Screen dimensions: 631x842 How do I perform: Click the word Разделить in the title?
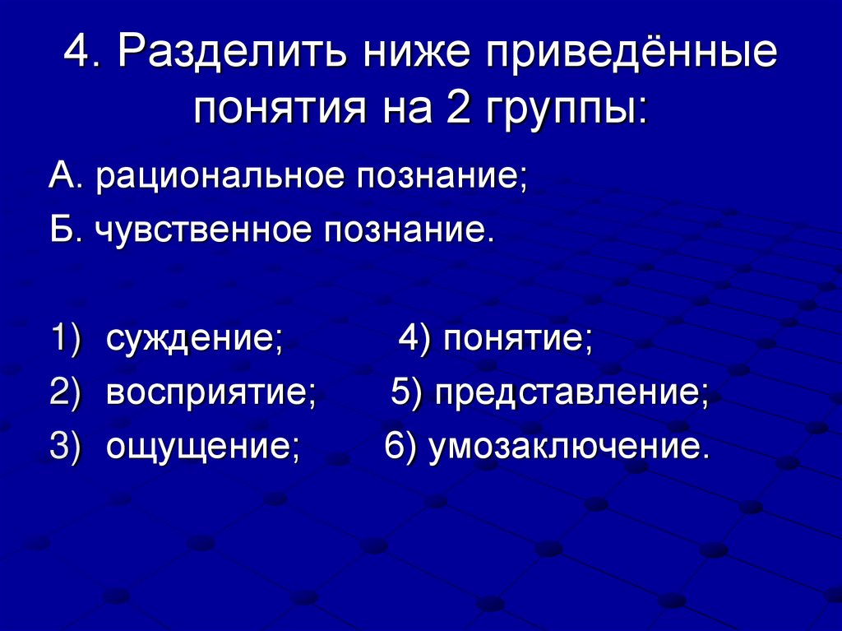click(x=222, y=53)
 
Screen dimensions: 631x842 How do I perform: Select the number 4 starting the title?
click(x=80, y=53)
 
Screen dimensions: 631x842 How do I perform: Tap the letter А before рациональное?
click(x=61, y=177)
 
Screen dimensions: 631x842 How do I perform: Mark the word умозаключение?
click(x=567, y=448)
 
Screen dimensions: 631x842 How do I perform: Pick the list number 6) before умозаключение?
click(x=400, y=448)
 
